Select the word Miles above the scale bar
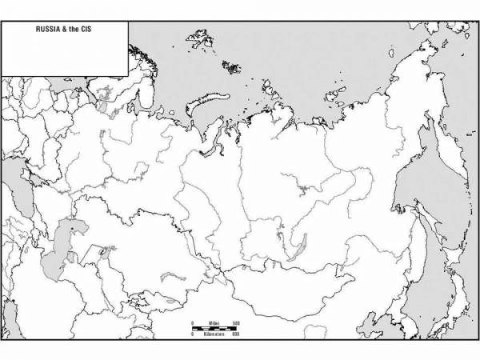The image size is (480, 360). coord(211,321)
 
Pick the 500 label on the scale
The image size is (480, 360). coord(236,321)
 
